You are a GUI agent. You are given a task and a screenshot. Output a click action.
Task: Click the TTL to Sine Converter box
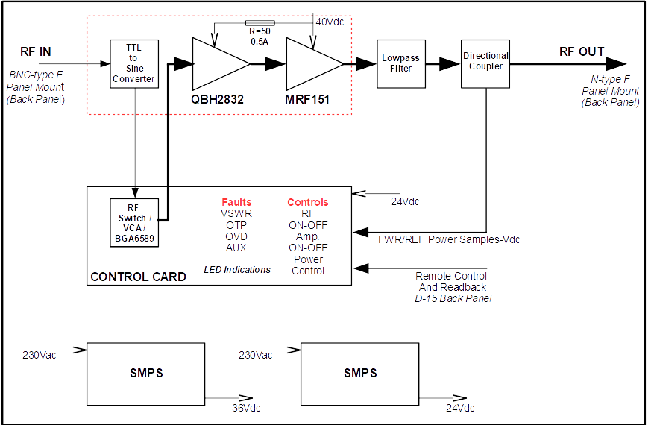134,64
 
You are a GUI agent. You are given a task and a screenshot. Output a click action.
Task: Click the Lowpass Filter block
396,63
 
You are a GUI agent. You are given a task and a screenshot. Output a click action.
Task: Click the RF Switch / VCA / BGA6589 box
134,221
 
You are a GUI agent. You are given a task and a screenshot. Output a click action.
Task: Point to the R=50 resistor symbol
260,23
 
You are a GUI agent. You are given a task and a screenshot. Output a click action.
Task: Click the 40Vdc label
330,22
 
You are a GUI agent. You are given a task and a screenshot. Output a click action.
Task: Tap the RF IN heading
36,51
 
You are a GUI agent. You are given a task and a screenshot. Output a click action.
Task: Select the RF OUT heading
582,51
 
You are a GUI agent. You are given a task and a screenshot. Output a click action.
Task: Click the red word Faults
236,202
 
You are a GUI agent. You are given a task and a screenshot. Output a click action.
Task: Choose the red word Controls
307,202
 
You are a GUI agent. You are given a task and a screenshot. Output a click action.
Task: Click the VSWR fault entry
236,213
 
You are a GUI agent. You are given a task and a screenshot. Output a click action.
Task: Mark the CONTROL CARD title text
138,277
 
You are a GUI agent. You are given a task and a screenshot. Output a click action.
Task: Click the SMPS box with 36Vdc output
146,374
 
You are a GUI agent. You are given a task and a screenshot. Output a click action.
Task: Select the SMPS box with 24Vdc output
360,374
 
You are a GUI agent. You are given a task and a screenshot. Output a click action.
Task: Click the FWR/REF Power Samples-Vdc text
449,239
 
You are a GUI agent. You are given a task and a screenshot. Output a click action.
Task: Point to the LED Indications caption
237,269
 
